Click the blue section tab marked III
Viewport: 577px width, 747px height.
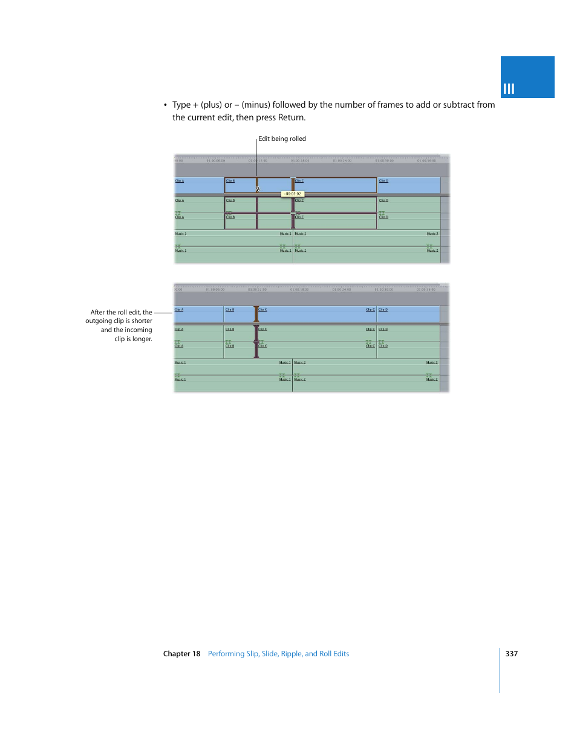click(x=527, y=77)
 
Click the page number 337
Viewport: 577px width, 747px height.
click(x=511, y=654)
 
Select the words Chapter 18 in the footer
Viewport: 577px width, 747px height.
click(x=181, y=654)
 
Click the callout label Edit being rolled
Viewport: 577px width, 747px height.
click(x=282, y=139)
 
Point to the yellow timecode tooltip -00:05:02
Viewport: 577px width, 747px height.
click(x=293, y=194)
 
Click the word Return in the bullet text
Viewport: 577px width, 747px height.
click(x=291, y=118)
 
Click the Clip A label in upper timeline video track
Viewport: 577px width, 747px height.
click(x=180, y=181)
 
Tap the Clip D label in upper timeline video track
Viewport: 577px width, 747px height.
click(x=383, y=181)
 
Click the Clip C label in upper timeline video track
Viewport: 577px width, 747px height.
click(x=299, y=181)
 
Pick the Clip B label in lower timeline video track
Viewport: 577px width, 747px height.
click(x=230, y=310)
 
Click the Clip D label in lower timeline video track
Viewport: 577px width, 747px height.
click(x=383, y=310)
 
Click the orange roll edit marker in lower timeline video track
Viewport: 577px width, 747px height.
click(x=256, y=314)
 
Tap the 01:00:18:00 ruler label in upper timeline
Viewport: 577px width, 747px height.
click(x=299, y=161)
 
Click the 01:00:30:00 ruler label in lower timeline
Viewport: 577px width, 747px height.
click(x=383, y=290)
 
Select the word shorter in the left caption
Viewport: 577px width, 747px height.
click(x=142, y=321)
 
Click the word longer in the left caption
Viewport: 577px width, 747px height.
click(x=142, y=339)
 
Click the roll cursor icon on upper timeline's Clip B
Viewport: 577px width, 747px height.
click(x=258, y=189)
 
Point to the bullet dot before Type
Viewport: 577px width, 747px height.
click(x=165, y=105)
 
